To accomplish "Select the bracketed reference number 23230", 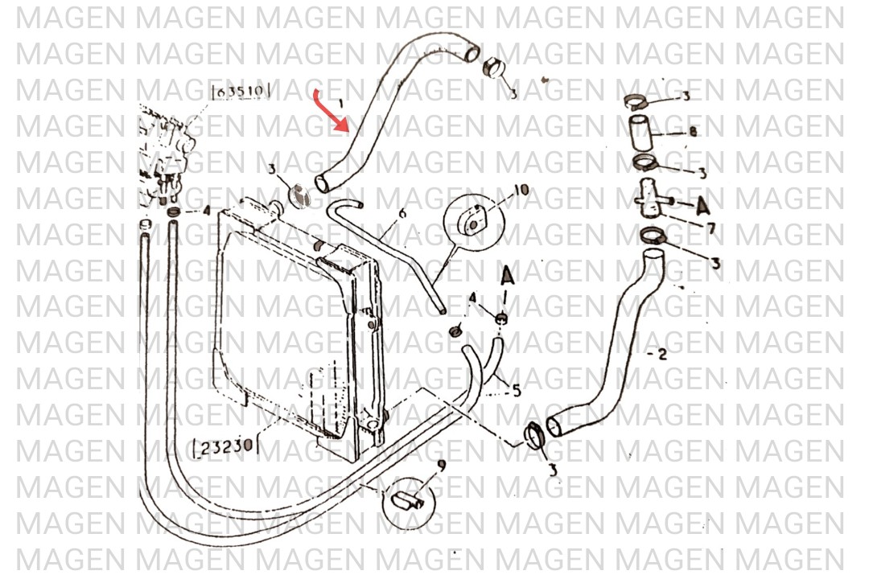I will tap(224, 444).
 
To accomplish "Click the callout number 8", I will tap(692, 133).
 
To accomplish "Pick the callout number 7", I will tap(710, 228).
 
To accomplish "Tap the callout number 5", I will tap(516, 391).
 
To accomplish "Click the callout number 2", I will tap(661, 354).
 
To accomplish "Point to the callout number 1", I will tap(340, 104).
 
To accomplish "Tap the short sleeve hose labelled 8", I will tap(642, 133).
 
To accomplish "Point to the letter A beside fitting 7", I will tap(702, 205).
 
